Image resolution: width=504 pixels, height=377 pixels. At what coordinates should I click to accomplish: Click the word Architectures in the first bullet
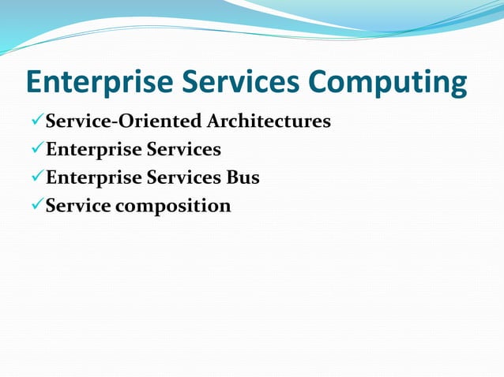click(x=269, y=121)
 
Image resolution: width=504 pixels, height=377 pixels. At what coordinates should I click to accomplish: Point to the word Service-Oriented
click(x=123, y=121)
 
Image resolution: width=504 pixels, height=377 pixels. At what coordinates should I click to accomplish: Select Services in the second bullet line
click(x=183, y=150)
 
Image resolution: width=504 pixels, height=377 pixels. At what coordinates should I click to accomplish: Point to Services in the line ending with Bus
click(x=183, y=178)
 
